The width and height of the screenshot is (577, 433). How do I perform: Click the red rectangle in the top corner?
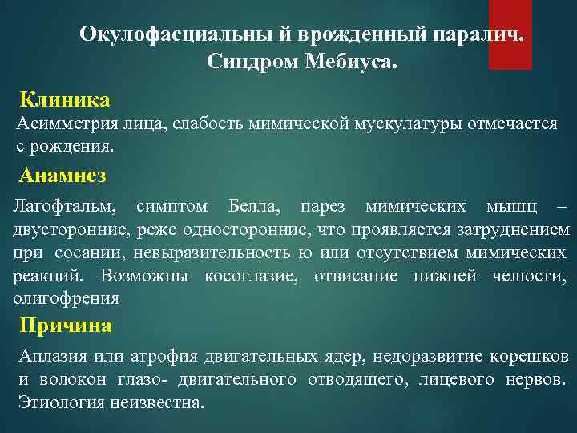[x=510, y=34]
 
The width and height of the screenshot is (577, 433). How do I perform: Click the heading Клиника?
[x=65, y=100]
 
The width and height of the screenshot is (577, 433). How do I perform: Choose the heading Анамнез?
[x=63, y=174]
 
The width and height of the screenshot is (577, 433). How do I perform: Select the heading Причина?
[x=66, y=325]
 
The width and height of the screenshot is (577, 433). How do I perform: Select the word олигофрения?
[x=66, y=299]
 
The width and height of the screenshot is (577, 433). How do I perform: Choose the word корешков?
[x=531, y=356]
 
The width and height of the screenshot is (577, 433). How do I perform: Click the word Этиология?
[x=59, y=403]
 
